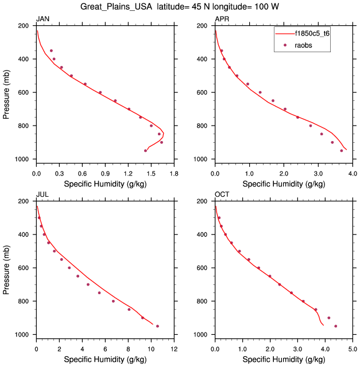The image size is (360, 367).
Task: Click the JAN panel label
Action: click(x=42, y=19)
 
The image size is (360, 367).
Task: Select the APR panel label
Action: click(x=222, y=19)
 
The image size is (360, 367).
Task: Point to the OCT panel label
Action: click(x=222, y=194)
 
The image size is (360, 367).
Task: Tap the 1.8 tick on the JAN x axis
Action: click(x=175, y=173)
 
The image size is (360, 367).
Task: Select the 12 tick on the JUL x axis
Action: click(x=175, y=348)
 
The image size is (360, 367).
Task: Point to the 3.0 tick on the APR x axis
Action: click(x=318, y=173)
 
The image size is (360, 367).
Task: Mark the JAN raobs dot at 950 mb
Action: click(x=145, y=151)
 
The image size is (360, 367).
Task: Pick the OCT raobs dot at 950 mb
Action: click(x=336, y=326)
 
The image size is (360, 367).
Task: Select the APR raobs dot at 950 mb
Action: click(x=341, y=151)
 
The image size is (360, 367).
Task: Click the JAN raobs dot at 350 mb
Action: click(x=51, y=50)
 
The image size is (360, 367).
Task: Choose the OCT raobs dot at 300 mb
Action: click(x=219, y=218)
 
